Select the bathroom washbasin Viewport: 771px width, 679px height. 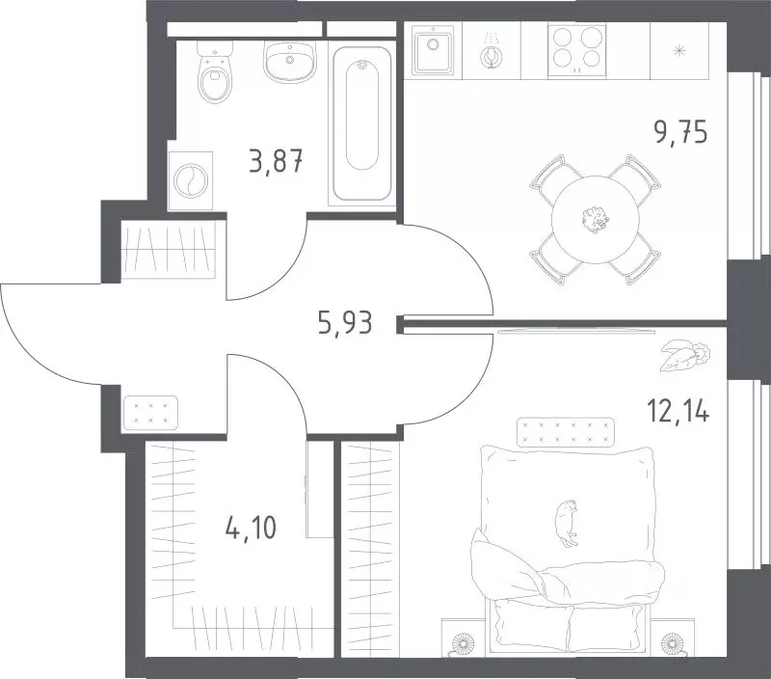coord(289,61)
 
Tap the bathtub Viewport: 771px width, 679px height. coord(362,123)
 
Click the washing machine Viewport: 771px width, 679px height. coord(190,180)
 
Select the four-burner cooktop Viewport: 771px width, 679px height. coord(576,51)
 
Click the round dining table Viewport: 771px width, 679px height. coord(595,220)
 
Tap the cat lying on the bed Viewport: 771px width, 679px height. coord(567,523)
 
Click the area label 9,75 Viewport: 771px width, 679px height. coord(680,132)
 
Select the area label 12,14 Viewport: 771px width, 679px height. coord(678,411)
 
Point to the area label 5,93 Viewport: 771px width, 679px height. coord(345,323)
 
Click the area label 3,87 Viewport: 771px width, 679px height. coord(276,162)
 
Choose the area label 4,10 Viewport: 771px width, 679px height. coord(251,529)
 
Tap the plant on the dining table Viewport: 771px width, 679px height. coord(596,220)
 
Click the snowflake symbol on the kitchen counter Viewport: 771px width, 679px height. coord(680,50)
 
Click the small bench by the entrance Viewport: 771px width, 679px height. coord(151,413)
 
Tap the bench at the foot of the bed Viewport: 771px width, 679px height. coord(566,432)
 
